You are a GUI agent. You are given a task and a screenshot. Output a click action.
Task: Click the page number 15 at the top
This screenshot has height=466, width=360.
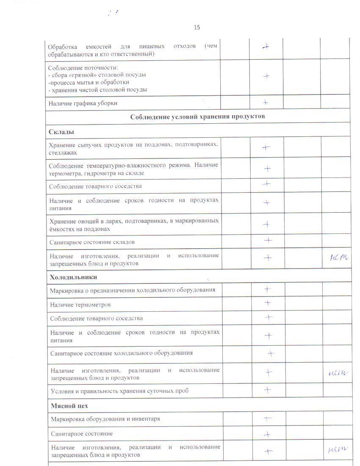(x=197, y=28)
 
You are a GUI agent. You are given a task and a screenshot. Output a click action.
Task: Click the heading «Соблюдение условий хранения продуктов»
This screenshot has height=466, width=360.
(x=198, y=116)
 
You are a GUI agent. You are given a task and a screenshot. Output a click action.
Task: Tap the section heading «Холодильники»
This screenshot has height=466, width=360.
(x=73, y=277)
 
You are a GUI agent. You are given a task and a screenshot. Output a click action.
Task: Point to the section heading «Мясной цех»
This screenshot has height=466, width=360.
(x=69, y=405)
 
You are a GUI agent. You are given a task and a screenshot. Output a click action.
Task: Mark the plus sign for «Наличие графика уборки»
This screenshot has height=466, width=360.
(x=266, y=102)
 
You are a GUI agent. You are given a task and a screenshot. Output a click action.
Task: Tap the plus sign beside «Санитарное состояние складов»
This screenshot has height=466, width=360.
(x=268, y=240)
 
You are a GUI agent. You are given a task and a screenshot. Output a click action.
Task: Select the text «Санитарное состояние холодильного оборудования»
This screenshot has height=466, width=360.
(x=121, y=353)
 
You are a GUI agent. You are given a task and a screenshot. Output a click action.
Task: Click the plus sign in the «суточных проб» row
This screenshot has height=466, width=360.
(x=267, y=390)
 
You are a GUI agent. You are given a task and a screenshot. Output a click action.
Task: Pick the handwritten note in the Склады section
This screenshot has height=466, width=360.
(x=338, y=257)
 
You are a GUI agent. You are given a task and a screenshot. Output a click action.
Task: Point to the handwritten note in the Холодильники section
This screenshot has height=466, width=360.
(x=338, y=373)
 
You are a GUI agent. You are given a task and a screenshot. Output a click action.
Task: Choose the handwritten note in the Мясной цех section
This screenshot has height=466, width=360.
(x=338, y=449)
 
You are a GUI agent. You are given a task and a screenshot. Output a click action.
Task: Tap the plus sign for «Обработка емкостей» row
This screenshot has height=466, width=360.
(x=266, y=47)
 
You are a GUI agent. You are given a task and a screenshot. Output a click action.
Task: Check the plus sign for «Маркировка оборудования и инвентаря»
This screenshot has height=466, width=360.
(x=268, y=419)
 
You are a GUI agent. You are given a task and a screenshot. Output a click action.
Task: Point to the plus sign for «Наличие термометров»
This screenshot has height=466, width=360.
(x=268, y=303)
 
